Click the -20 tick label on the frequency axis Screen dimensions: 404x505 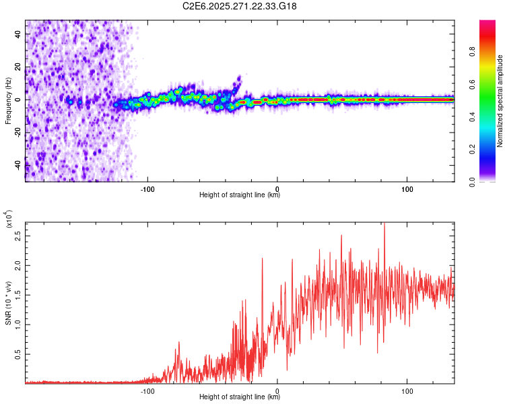18,132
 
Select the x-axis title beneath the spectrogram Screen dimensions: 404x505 240,195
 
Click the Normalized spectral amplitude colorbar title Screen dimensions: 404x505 500,101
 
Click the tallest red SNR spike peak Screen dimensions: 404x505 384,224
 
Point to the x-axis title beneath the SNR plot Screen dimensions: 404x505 240,397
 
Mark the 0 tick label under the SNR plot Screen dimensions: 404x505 278,390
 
